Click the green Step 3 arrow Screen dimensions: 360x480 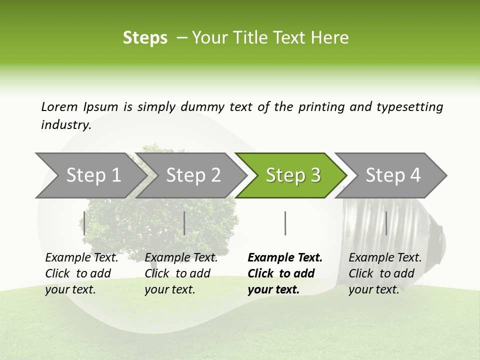coord(292,175)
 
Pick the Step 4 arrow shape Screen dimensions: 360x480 coord(393,175)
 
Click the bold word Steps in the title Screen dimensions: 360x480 coord(145,37)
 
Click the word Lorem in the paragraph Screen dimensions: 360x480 coord(59,106)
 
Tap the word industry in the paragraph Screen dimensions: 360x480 coord(65,125)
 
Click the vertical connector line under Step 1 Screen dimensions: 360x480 coord(84,223)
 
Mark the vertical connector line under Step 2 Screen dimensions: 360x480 coord(184,223)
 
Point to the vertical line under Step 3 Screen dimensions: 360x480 coord(285,223)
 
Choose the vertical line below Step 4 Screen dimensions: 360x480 coord(386,223)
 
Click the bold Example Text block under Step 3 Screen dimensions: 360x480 coord(285,273)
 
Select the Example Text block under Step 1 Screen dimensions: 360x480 coord(81,273)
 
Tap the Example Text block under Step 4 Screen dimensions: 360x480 coord(385,273)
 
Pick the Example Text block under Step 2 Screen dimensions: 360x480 coord(181,273)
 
